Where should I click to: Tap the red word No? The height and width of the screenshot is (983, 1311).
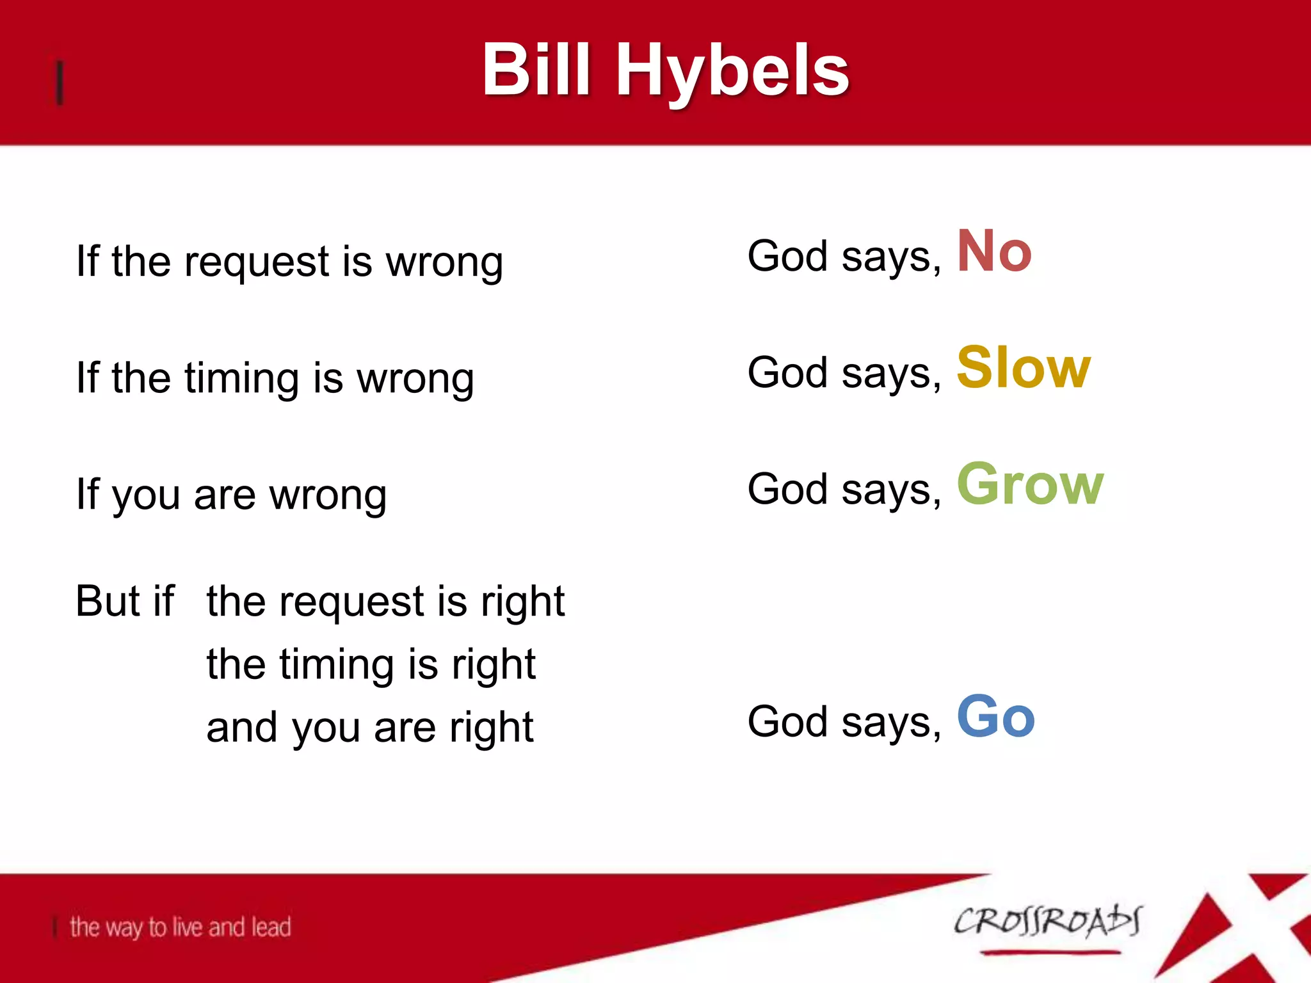coord(993,252)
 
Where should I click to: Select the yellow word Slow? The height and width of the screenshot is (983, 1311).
coord(1023,367)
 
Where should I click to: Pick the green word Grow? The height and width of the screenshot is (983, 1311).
coord(1029,484)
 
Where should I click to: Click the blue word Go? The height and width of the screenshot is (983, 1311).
coord(995,717)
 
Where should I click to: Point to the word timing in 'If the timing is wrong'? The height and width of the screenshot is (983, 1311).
coord(242,379)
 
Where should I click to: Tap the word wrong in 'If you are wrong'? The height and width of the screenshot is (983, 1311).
coord(328,495)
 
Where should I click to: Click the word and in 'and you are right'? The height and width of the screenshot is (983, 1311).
coord(242,728)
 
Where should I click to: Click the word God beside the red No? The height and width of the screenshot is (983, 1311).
coord(787,256)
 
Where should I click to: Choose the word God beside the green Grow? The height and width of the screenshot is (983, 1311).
coord(787,490)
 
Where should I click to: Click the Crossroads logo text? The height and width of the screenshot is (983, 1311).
coord(1047,922)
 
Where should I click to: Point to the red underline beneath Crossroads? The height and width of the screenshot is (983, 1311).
coord(1050,953)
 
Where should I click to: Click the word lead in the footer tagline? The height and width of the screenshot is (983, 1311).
coord(271,927)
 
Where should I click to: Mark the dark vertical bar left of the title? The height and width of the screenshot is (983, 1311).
coord(60,83)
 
